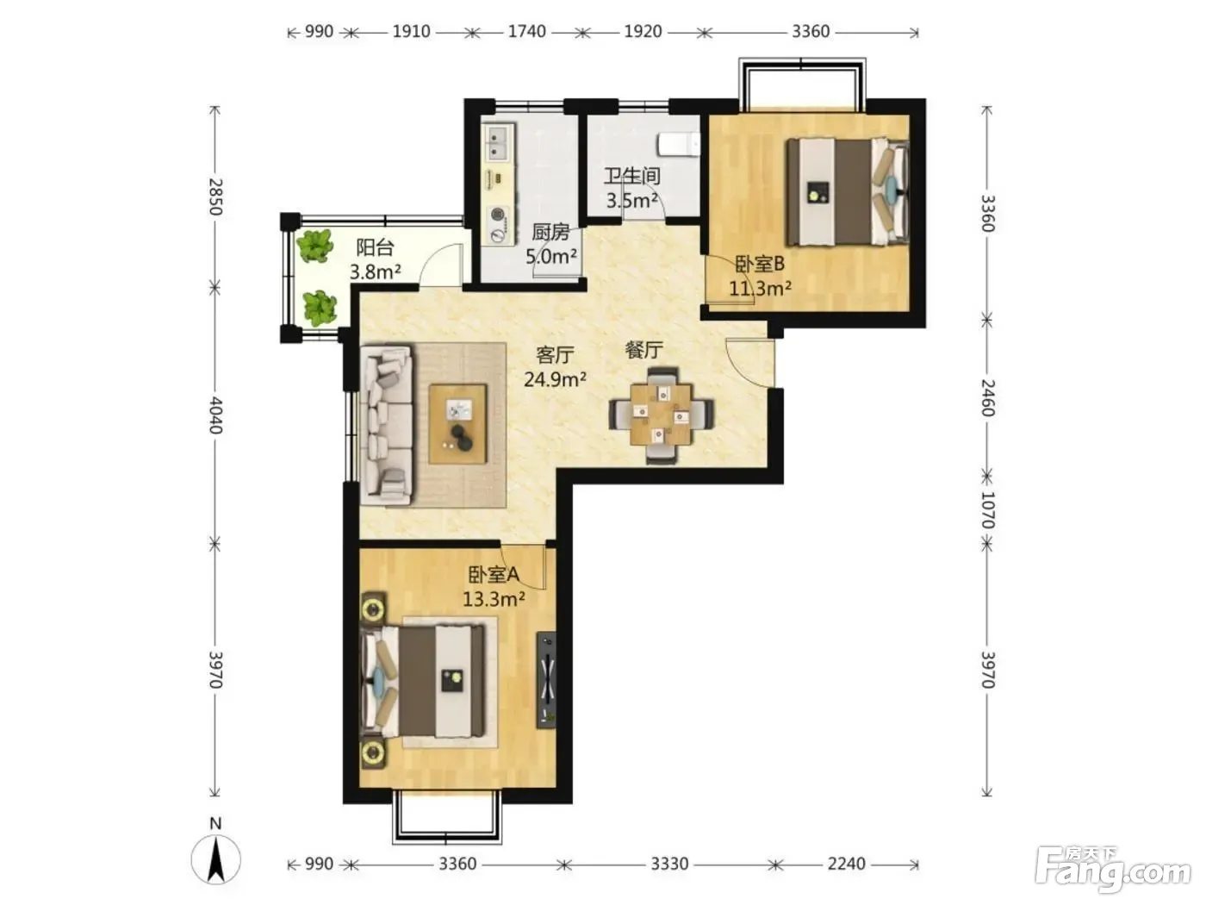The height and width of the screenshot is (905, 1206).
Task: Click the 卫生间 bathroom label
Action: coord(631,176)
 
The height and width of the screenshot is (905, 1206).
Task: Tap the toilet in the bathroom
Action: coord(679,144)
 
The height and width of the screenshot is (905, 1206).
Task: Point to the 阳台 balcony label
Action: coord(375,247)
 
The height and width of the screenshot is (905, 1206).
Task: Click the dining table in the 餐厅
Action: coord(661,415)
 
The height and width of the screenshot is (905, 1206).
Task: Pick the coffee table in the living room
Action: coord(457,424)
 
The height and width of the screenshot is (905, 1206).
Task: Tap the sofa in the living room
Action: coord(386,424)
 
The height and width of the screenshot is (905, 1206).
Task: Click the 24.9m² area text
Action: coord(555,379)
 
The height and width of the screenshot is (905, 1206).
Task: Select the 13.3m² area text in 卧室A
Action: coord(494,598)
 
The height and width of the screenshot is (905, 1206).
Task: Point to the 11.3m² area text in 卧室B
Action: coord(760,288)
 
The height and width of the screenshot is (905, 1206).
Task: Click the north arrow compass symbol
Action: coord(216,861)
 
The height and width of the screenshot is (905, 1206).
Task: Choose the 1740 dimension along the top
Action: coord(526,31)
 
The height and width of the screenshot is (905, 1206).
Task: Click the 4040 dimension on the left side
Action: coord(215,415)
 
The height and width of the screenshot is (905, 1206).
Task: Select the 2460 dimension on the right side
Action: coord(987,398)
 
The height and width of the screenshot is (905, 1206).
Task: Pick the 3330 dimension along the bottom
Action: coord(668,864)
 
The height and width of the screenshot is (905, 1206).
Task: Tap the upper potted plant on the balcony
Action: coord(314,246)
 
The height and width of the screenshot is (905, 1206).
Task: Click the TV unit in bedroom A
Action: coord(546,680)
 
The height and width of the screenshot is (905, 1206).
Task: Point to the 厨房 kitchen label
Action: coord(550,232)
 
